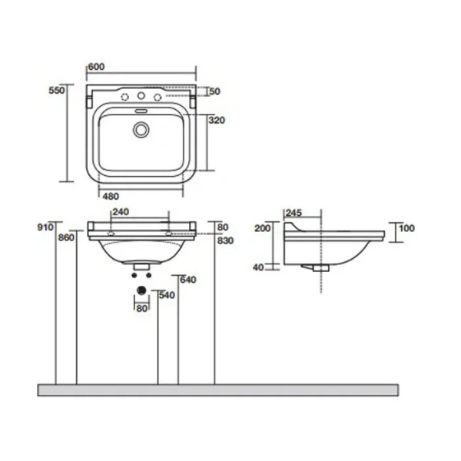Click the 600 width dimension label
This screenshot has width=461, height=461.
96,67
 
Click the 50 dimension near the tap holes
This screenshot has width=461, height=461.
214,91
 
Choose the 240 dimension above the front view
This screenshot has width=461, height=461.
121,212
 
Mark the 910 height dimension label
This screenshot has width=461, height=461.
46,227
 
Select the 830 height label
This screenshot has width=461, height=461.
225,240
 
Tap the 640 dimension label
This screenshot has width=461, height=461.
188,279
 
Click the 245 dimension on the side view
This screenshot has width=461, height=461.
294,212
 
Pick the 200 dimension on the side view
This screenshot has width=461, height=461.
264,228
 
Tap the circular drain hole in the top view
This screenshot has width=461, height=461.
141,130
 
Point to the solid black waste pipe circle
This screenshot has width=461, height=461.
141,290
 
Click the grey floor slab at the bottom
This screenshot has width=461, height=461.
218,390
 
